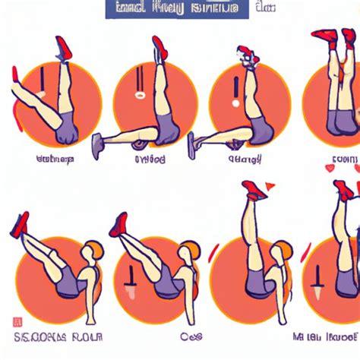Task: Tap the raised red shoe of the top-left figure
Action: point(63,48)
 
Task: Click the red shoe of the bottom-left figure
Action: point(20,225)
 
